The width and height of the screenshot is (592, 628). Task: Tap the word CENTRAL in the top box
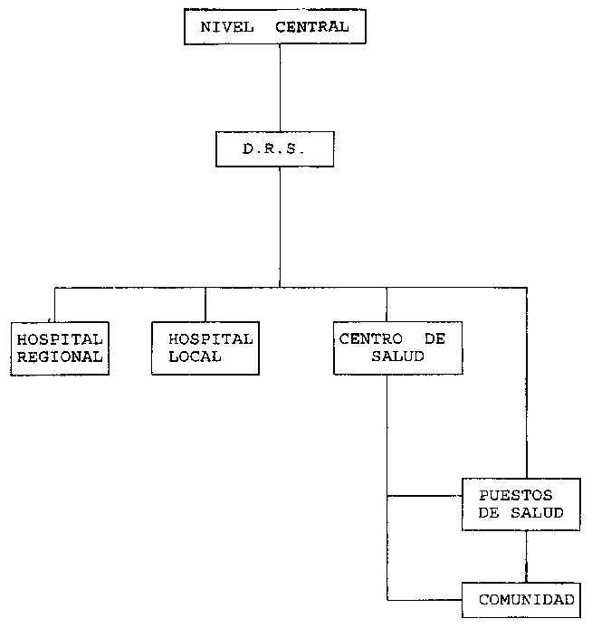312,27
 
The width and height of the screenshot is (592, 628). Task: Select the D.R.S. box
275,149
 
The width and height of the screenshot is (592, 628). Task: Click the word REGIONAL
60,357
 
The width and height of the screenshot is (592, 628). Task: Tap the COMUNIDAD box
526,600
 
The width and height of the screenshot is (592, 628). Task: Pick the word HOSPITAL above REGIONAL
60,338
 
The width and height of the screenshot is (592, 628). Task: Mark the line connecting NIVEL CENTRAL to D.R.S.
280,87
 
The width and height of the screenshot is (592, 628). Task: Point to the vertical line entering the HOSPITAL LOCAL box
205,304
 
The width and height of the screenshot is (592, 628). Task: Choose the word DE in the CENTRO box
435,338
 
